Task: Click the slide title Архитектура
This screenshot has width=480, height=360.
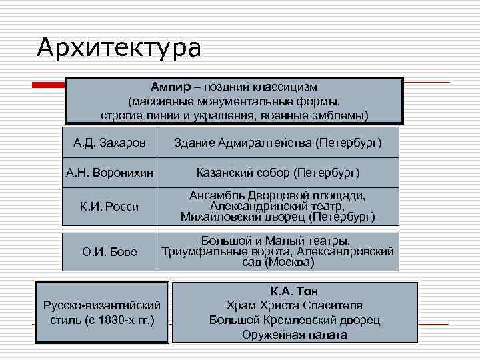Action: (x=119, y=47)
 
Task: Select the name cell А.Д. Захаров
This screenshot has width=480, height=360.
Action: (x=110, y=143)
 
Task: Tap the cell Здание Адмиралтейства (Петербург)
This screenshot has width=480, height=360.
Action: (x=277, y=143)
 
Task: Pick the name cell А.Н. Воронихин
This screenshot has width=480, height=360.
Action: (x=110, y=173)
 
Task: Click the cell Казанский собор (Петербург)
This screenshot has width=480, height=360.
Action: (x=277, y=173)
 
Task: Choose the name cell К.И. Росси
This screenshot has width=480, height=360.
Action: (x=110, y=207)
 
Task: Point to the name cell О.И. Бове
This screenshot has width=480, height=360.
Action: (x=110, y=252)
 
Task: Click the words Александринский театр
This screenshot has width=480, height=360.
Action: (x=277, y=207)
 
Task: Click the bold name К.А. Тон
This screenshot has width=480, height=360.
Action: (x=295, y=291)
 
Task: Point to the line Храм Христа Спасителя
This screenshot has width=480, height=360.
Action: (x=295, y=306)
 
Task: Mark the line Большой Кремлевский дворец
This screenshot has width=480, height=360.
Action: (x=295, y=321)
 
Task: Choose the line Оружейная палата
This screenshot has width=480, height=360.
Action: (x=295, y=335)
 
